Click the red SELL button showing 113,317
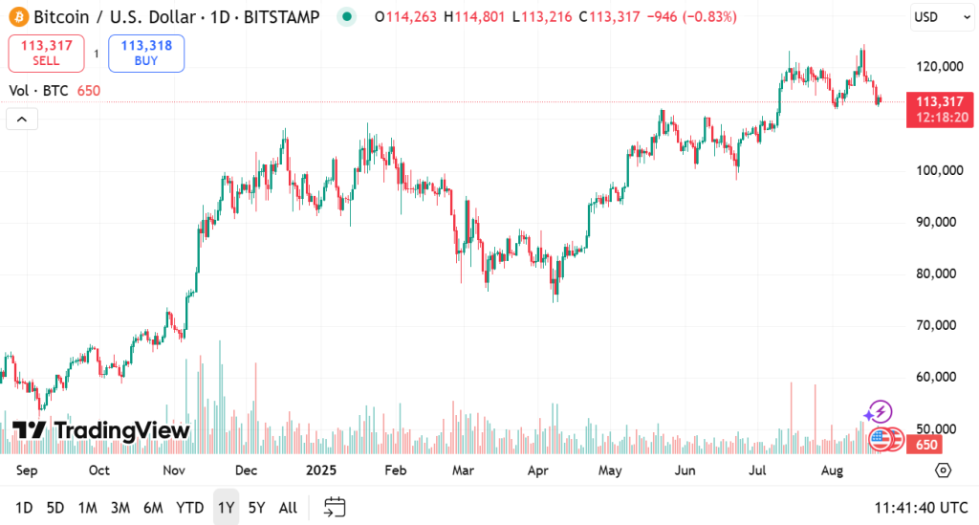(x=46, y=54)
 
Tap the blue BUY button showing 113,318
(x=146, y=54)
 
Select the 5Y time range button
(x=256, y=508)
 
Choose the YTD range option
(x=190, y=508)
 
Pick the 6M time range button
(x=153, y=508)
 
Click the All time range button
(x=288, y=508)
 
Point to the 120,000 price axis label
(x=936, y=67)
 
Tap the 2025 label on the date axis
(x=321, y=470)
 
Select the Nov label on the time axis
(x=173, y=470)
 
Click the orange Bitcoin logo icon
(x=17, y=16)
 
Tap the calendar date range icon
(x=335, y=507)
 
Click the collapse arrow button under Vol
(x=22, y=119)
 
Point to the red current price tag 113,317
(x=938, y=108)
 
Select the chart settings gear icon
(x=944, y=470)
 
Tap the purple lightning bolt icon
(x=878, y=413)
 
